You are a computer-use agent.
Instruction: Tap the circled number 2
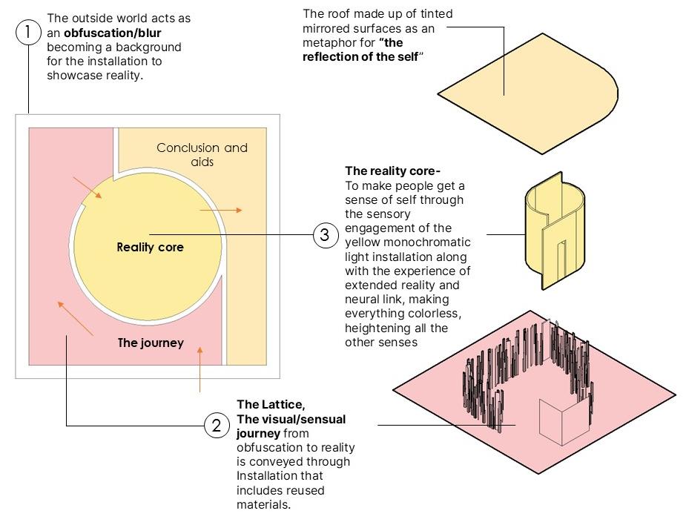coord(216,426)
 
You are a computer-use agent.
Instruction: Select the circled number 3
coord(324,236)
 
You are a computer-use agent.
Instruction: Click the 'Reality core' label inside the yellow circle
coord(150,247)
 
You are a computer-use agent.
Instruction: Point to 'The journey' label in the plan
coord(151,343)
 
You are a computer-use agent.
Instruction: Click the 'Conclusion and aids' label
coord(202,153)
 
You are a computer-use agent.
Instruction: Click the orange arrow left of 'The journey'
coord(76,317)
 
